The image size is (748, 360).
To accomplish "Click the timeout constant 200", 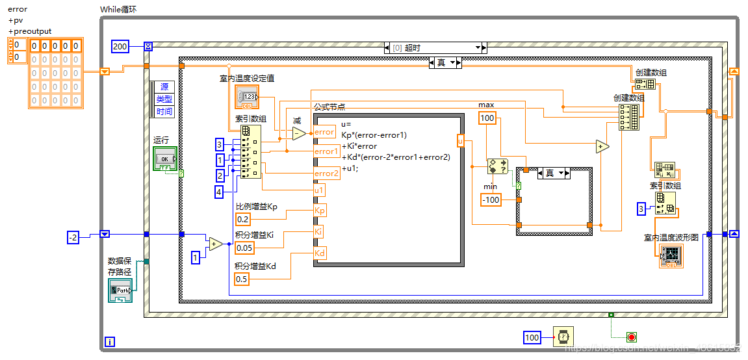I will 120,46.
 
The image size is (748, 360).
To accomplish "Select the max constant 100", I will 487,118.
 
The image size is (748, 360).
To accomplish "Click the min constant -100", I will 491,199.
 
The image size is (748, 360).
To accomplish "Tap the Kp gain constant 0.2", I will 243,219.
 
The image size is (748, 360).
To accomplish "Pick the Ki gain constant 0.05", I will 244,248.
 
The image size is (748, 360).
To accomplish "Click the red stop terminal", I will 631,337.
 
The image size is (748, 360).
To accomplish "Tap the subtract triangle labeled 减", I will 298,133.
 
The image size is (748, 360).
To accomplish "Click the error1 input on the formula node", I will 326,151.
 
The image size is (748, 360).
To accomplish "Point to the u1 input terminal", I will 319,190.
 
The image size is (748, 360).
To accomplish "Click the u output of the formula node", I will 460,140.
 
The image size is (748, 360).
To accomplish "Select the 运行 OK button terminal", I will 165,159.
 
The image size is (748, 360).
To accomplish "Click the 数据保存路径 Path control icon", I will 120,290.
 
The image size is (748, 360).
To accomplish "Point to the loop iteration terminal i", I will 110,341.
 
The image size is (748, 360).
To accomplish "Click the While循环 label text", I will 118,10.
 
